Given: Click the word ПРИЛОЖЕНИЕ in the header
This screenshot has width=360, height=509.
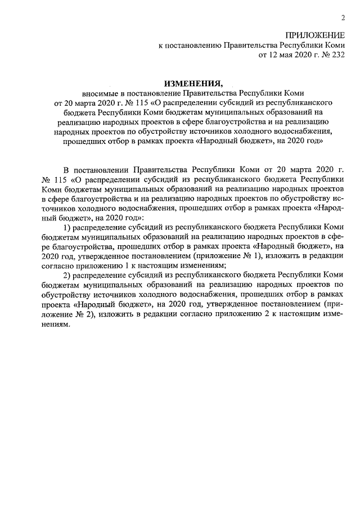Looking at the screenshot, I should [314, 35].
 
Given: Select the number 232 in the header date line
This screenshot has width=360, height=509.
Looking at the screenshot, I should [337, 55].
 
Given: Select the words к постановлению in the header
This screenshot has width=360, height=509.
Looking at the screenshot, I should [190, 46].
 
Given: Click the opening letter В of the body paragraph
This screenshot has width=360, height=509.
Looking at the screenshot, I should [66, 169].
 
